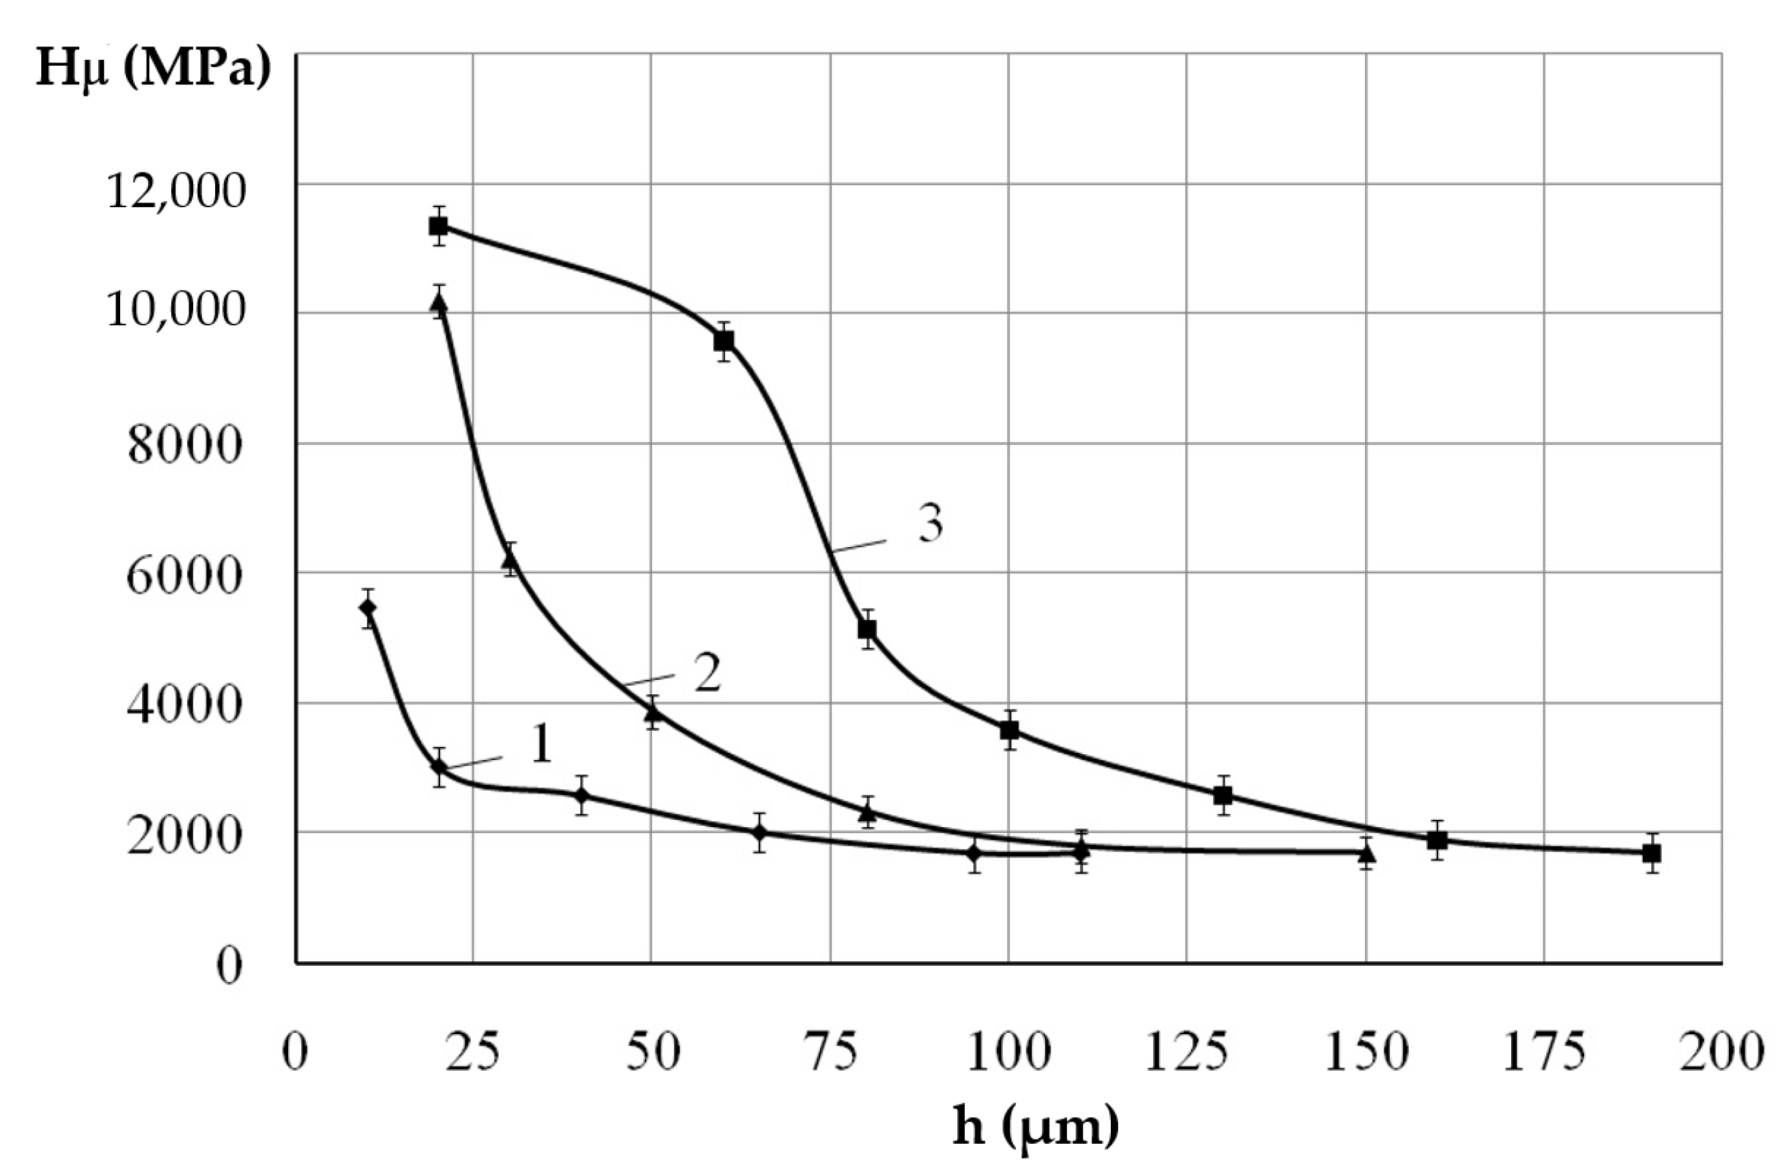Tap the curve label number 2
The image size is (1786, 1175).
pos(707,673)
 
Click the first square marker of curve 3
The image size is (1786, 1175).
pos(438,226)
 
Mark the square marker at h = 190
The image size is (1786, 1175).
pos(1651,853)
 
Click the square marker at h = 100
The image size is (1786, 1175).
pos(1009,730)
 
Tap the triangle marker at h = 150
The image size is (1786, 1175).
pos(1366,853)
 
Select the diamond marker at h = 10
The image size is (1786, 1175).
pos(368,607)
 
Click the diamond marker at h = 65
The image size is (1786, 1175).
pos(760,832)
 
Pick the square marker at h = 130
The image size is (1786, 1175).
pos(1223,795)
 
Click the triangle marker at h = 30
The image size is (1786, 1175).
pos(511,559)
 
